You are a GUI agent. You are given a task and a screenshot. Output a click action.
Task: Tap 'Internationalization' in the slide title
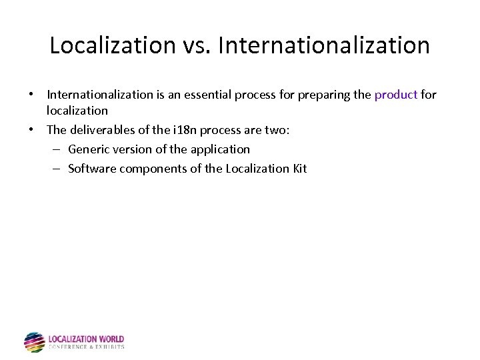[x=323, y=45]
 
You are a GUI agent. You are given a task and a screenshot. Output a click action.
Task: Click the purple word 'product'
[x=395, y=95]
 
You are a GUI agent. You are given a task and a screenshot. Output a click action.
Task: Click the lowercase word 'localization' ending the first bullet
[x=77, y=111]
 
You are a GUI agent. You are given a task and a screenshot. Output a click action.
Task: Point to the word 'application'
[x=219, y=149]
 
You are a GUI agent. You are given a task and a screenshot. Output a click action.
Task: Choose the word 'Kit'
[x=299, y=169]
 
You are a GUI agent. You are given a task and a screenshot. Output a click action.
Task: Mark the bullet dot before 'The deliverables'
[x=33, y=130]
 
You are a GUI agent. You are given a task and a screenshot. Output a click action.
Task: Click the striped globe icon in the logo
[x=34, y=342]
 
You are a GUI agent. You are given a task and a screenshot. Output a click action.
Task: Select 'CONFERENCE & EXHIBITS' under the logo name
[x=87, y=347]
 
